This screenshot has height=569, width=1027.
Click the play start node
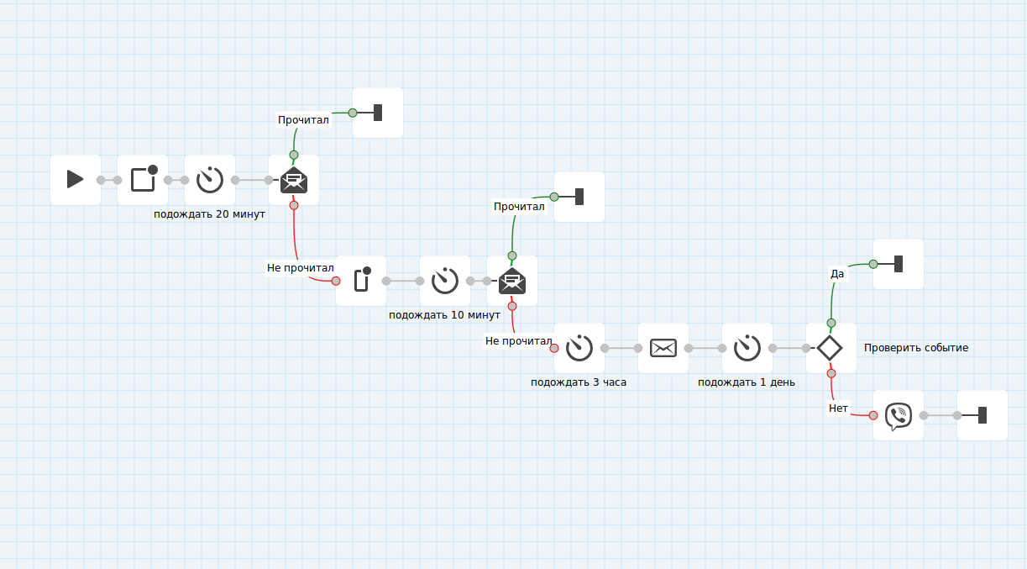[x=76, y=179]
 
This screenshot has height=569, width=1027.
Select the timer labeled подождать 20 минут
[x=210, y=179]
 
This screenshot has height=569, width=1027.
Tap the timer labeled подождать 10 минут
[x=445, y=280]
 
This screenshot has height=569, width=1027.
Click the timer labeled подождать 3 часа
[x=579, y=347]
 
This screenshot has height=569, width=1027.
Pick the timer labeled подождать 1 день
[x=747, y=347]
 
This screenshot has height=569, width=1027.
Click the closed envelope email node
[x=663, y=347]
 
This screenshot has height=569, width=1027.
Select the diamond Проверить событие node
[x=831, y=347]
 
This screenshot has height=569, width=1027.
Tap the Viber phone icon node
[x=899, y=414]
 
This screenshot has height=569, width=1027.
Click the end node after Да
[x=899, y=264]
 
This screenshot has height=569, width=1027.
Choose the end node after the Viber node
[x=982, y=414]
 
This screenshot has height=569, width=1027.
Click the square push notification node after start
[x=143, y=179]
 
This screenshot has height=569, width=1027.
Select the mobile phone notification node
[x=361, y=280]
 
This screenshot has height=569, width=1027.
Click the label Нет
[x=839, y=408]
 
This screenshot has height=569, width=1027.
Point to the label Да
[x=837, y=273]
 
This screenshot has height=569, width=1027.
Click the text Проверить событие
[x=916, y=348]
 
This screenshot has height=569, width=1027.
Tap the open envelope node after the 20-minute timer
[x=294, y=179]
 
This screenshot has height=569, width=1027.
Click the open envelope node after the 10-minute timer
[x=512, y=280]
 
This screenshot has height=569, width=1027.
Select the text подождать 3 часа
[x=579, y=382]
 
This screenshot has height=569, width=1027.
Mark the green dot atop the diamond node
[x=831, y=323]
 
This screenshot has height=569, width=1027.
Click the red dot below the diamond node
[x=831, y=373]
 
